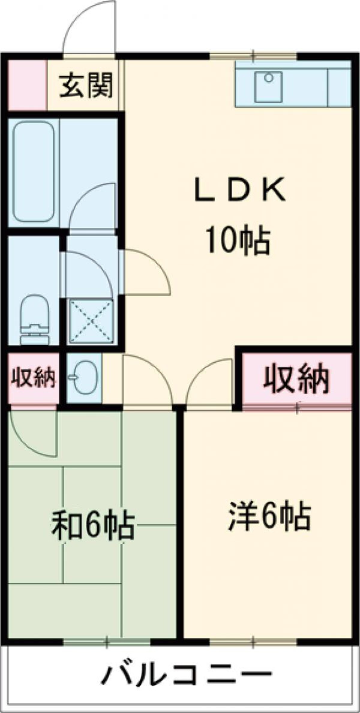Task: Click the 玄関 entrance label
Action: (x=86, y=85)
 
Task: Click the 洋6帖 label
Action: (x=269, y=516)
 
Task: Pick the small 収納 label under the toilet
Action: (x=33, y=377)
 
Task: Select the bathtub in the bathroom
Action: (x=34, y=172)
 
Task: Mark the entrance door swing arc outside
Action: (x=80, y=18)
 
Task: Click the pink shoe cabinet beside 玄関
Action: (x=28, y=85)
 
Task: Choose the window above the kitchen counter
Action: (x=253, y=57)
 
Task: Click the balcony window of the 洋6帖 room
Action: (x=253, y=642)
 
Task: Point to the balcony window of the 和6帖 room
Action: (x=106, y=642)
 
